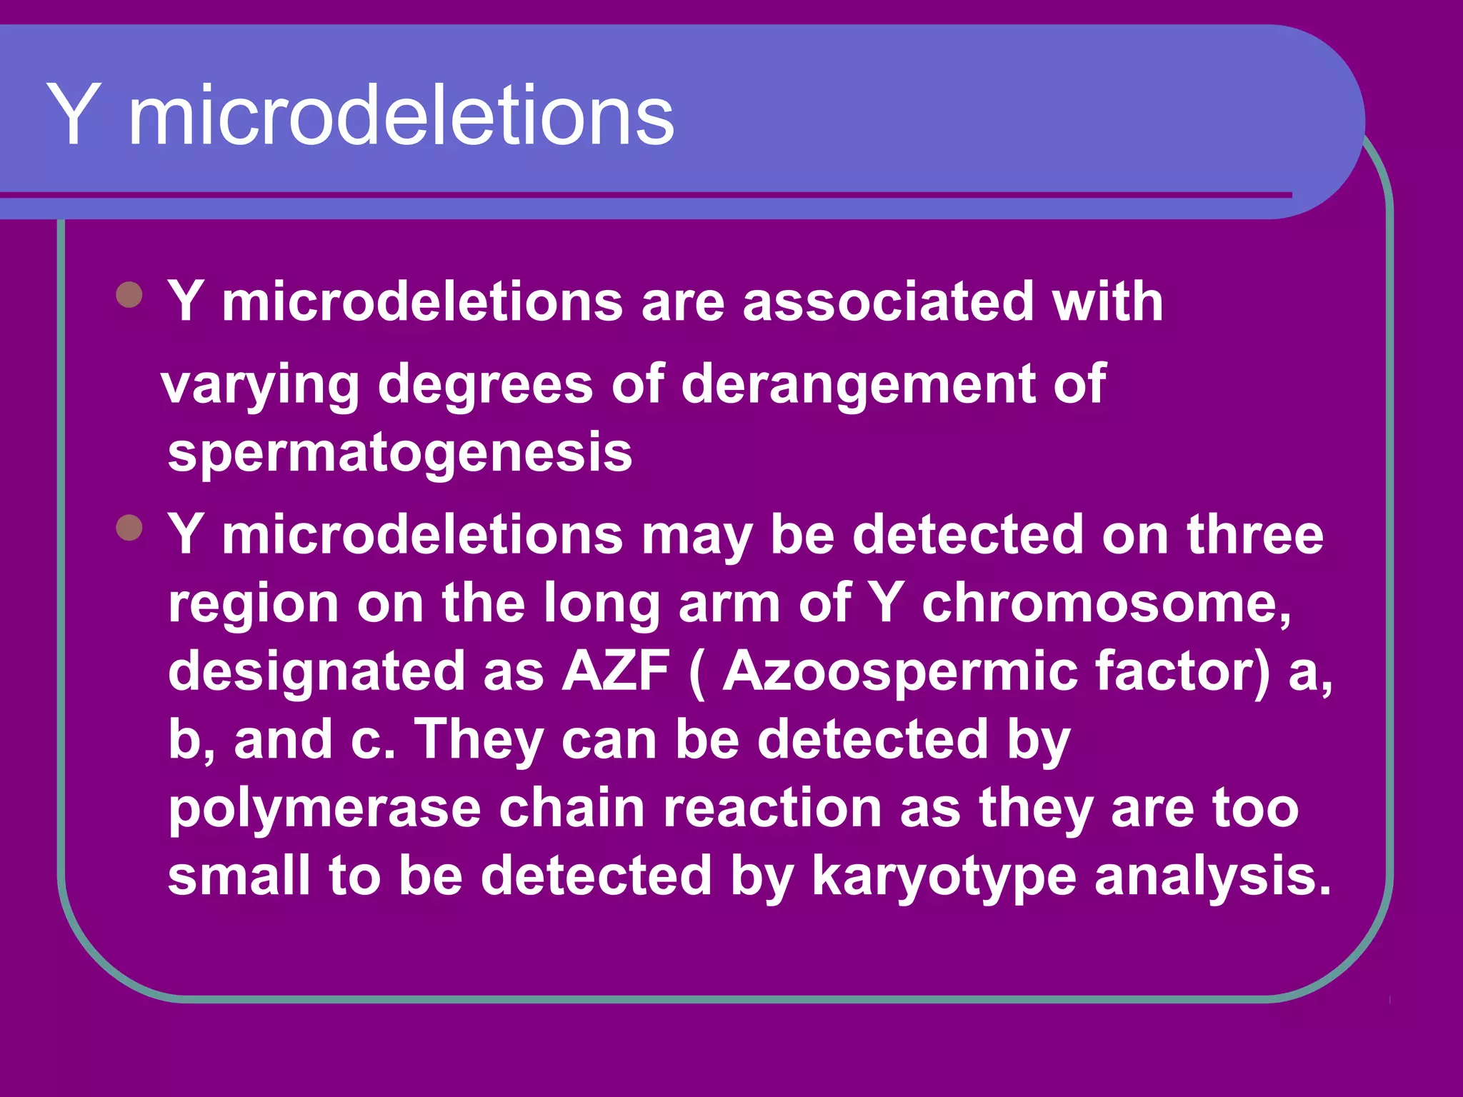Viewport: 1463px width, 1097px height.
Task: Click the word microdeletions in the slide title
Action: [401, 116]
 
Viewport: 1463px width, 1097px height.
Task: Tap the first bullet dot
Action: [129, 294]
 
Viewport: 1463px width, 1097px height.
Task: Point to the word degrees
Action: [485, 386]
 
